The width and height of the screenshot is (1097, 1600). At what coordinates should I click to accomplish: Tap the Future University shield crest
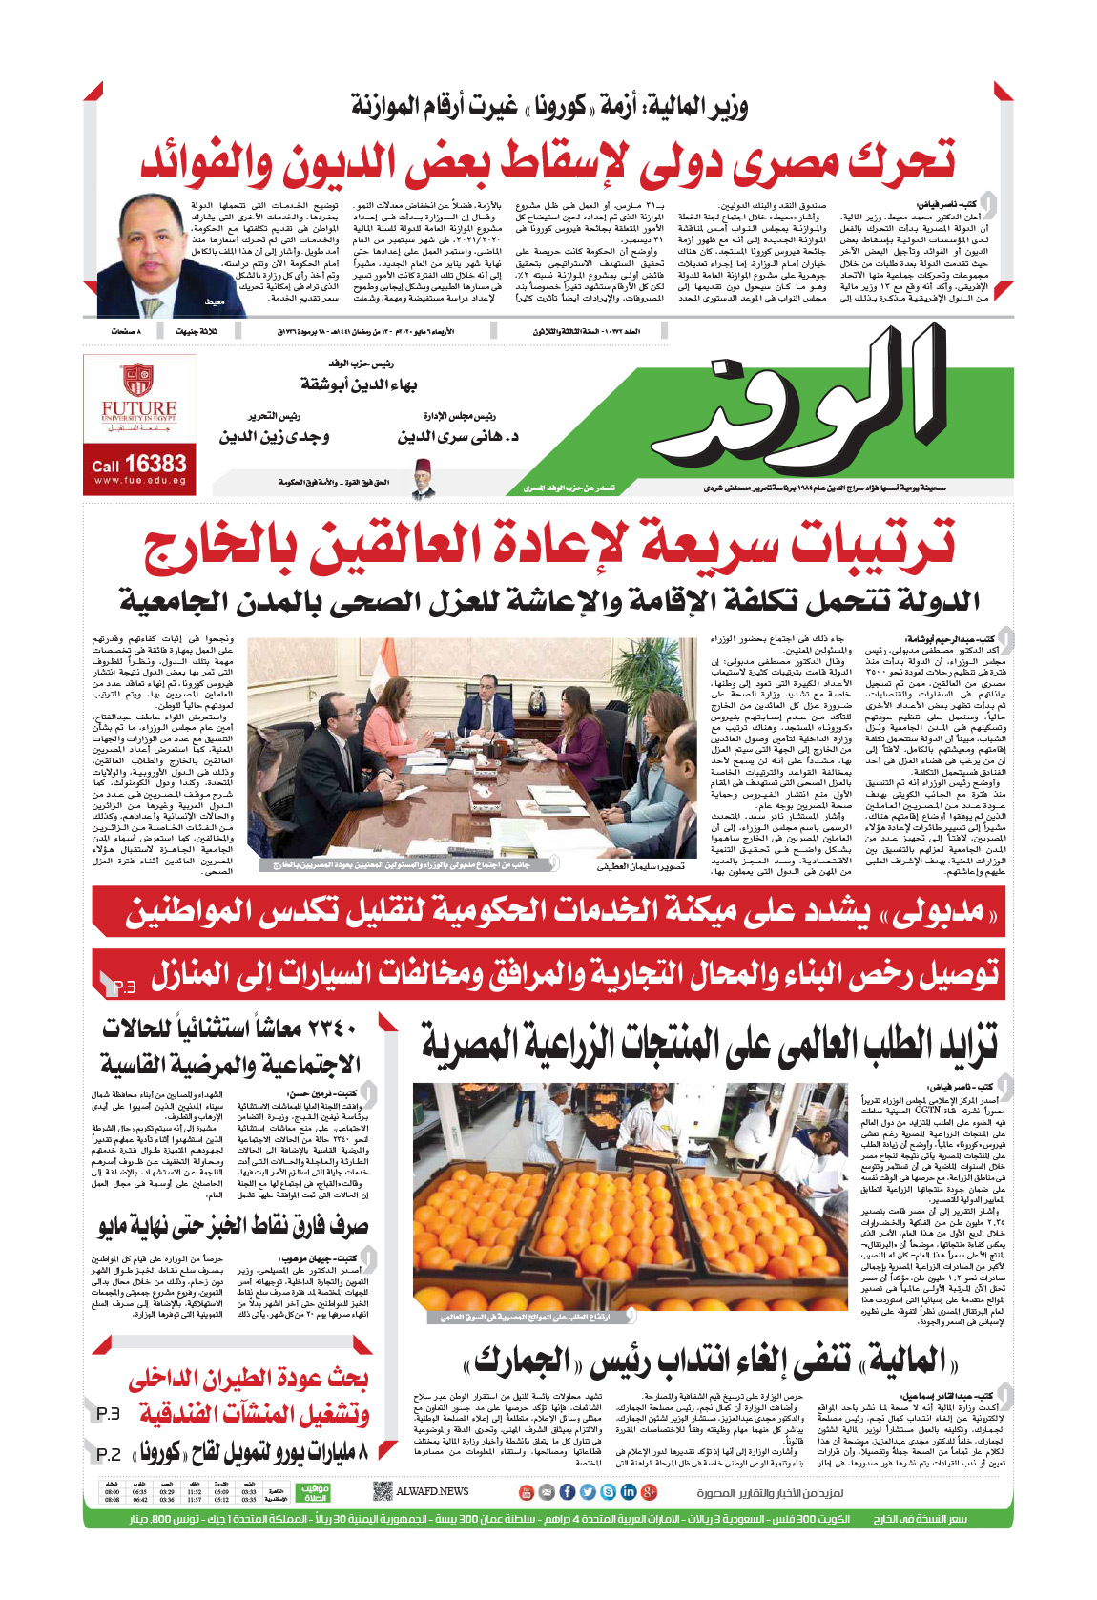[x=137, y=380]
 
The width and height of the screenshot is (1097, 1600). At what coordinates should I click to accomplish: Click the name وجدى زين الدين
[x=274, y=437]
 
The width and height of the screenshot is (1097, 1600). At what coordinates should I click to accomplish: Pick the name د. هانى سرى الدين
[x=458, y=437]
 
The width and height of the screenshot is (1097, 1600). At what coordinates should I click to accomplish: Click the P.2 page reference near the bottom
[x=109, y=1454]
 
